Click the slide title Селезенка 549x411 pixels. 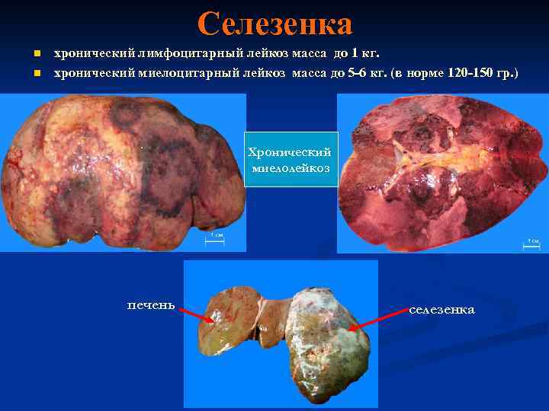pyautogui.click(x=274, y=24)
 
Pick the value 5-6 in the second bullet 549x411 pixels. pyautogui.click(x=355, y=74)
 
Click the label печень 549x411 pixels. pyautogui.click(x=150, y=306)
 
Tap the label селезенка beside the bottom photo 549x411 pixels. pyautogui.click(x=442, y=310)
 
